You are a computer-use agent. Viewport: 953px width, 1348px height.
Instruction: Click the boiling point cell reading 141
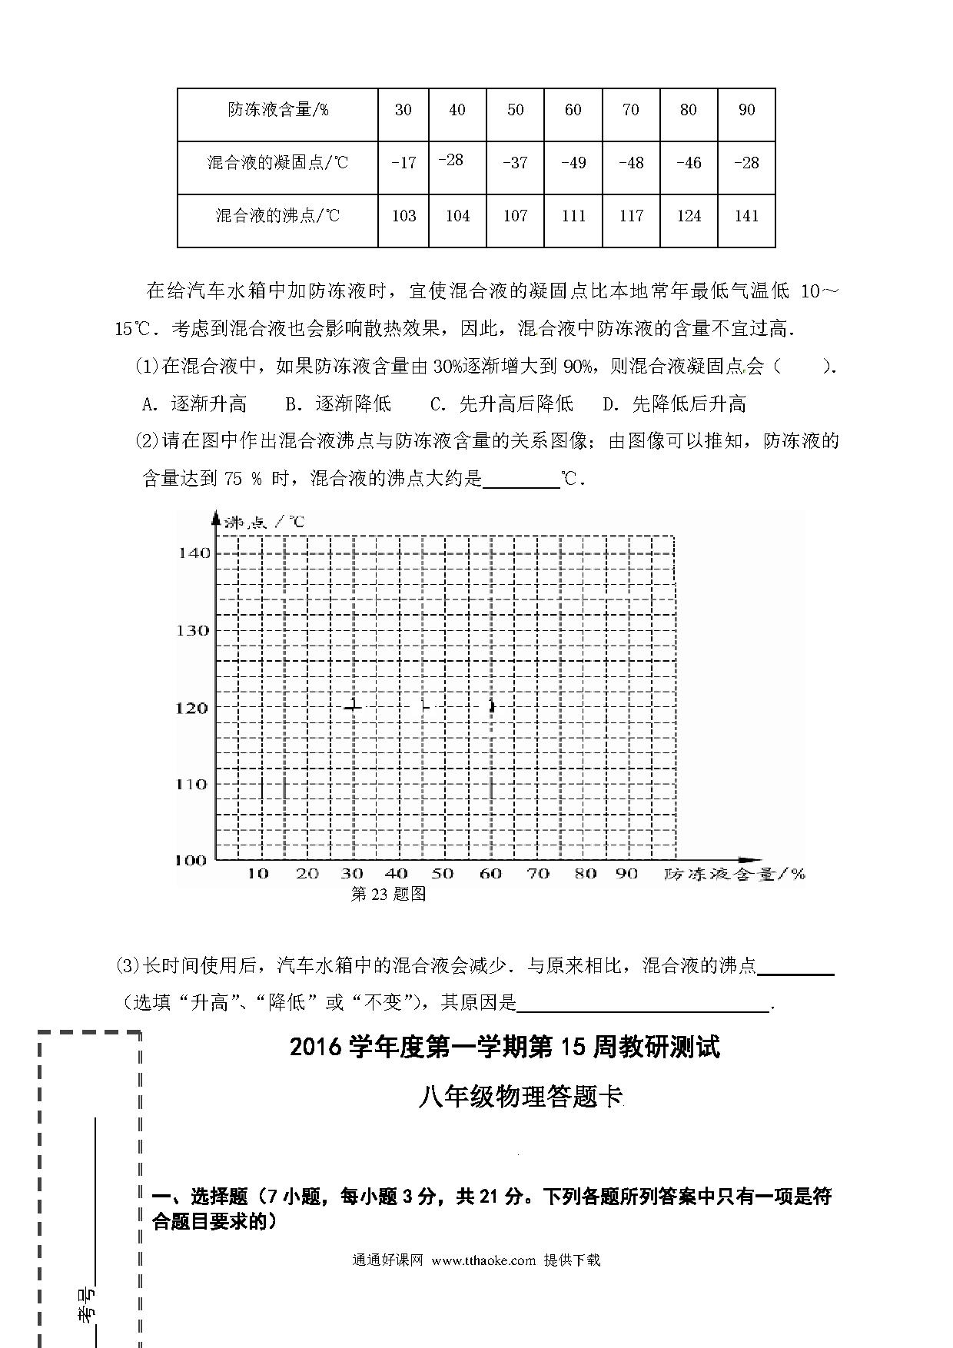[x=746, y=216]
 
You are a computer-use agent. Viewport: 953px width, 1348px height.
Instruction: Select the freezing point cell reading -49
[x=573, y=163]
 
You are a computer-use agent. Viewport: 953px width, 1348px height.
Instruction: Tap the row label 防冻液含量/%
[x=277, y=110]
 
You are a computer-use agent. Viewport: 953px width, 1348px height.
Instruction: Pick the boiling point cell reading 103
[x=403, y=216]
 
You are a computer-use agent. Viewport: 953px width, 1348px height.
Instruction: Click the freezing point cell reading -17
[x=403, y=163]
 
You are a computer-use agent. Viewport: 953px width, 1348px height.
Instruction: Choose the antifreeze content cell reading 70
[x=630, y=110]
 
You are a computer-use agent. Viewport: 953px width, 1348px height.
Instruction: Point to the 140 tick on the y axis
[x=194, y=553]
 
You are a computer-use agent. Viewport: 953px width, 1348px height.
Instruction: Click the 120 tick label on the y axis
[x=192, y=707]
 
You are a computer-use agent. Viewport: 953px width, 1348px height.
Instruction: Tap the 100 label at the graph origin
[x=191, y=860]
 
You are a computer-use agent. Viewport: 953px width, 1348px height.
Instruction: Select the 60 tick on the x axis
[x=490, y=874]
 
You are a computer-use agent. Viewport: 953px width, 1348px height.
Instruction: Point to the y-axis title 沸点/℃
[x=265, y=522]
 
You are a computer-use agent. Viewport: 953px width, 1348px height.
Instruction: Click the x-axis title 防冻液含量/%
[x=735, y=874]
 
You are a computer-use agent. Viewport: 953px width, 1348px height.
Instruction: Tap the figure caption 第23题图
[x=388, y=894]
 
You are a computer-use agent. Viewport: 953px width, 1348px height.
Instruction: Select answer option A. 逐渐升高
[x=194, y=403]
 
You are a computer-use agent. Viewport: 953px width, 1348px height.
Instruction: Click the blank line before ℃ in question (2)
[x=521, y=480]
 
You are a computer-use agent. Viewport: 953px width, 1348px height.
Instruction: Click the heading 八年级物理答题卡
[x=520, y=1097]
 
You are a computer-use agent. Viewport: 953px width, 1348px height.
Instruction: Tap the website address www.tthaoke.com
[x=483, y=1260]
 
